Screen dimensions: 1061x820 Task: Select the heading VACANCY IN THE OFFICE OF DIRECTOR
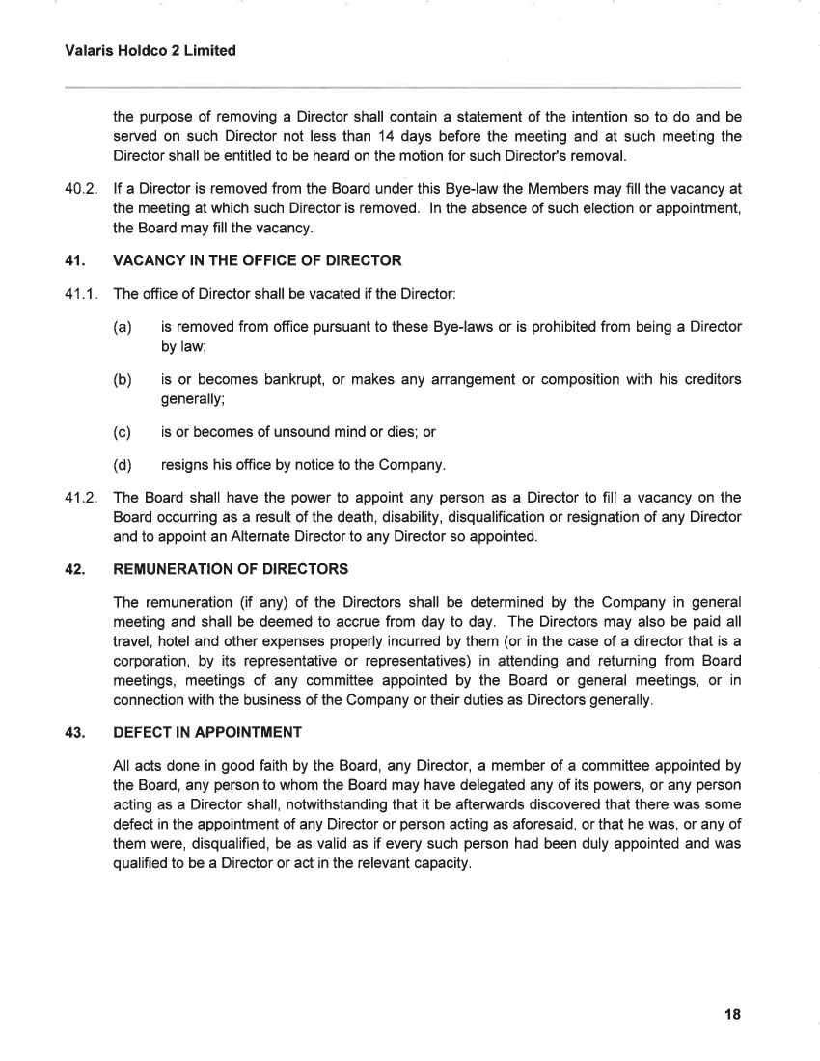258,260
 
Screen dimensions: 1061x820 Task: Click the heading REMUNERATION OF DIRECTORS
231,568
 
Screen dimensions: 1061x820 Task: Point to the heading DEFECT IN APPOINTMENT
207,732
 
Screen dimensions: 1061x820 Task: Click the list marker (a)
123,327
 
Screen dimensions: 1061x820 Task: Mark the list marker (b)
123,379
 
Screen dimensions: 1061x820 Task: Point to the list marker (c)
123,432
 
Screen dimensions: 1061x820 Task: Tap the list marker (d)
123,466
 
